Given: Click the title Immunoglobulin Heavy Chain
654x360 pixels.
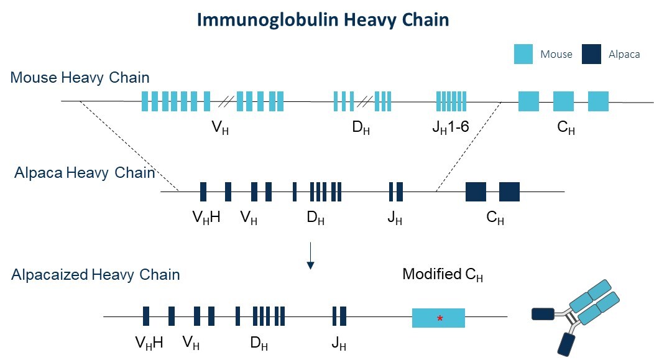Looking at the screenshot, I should (x=323, y=20).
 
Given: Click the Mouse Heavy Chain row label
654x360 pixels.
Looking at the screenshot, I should (x=80, y=78).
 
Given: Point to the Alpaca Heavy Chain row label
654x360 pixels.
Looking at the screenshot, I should (x=85, y=172).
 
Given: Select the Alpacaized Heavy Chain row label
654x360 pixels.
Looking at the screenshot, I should (x=95, y=274).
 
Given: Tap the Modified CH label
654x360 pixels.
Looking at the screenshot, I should (x=443, y=274).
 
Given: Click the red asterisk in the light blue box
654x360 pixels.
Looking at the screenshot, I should (x=440, y=319).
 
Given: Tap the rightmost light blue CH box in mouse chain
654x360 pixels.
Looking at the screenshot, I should (x=598, y=101).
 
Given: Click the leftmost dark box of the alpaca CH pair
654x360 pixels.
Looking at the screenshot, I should (x=476, y=192).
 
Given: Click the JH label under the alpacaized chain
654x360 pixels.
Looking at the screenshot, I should (x=339, y=343).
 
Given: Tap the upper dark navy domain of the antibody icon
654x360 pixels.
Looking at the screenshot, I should (x=542, y=314).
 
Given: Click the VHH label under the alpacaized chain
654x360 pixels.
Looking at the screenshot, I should (x=149, y=343).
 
